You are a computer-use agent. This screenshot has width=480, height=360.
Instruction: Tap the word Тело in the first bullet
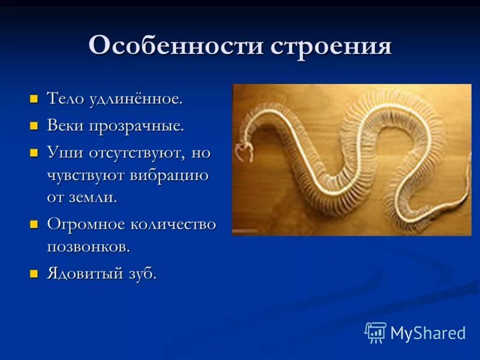[67, 99]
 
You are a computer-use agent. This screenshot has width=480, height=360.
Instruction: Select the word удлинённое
[137, 99]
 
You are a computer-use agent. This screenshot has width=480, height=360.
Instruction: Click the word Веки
[66, 126]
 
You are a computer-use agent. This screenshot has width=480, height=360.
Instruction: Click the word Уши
[63, 152]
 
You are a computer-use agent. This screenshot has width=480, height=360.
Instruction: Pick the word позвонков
[88, 247]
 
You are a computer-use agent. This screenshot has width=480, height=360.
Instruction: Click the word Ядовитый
[87, 274]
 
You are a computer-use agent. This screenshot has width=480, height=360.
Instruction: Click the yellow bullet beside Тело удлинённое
[34, 98]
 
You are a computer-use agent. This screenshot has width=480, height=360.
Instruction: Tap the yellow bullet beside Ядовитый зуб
[34, 273]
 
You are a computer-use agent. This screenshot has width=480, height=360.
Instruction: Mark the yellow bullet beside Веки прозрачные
[34, 125]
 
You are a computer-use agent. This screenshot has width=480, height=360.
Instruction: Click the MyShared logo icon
[376, 332]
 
